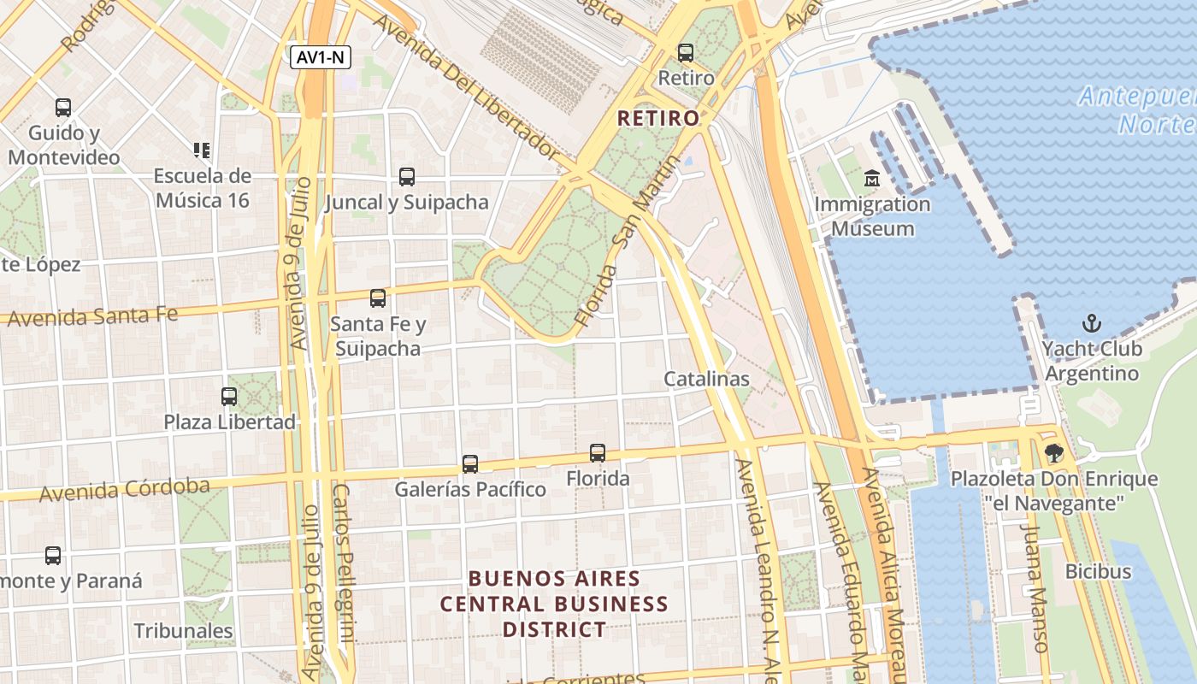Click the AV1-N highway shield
coord(321,57)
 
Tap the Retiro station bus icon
coord(686,53)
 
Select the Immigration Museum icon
coord(872,179)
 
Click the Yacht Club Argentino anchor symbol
coord(1091,323)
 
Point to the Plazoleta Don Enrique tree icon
coord(1053,453)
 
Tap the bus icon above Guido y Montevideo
coord(63,108)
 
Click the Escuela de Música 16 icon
coord(202,150)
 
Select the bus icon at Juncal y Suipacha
coord(407,177)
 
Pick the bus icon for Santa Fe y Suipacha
coord(377,298)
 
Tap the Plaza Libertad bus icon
coord(229,397)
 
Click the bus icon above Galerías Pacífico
coord(469,464)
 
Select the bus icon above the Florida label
coord(598,453)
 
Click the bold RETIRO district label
coord(657,118)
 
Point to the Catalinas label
coord(706,379)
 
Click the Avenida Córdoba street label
coord(124,490)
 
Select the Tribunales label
coord(183,631)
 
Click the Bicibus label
coord(1098,571)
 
